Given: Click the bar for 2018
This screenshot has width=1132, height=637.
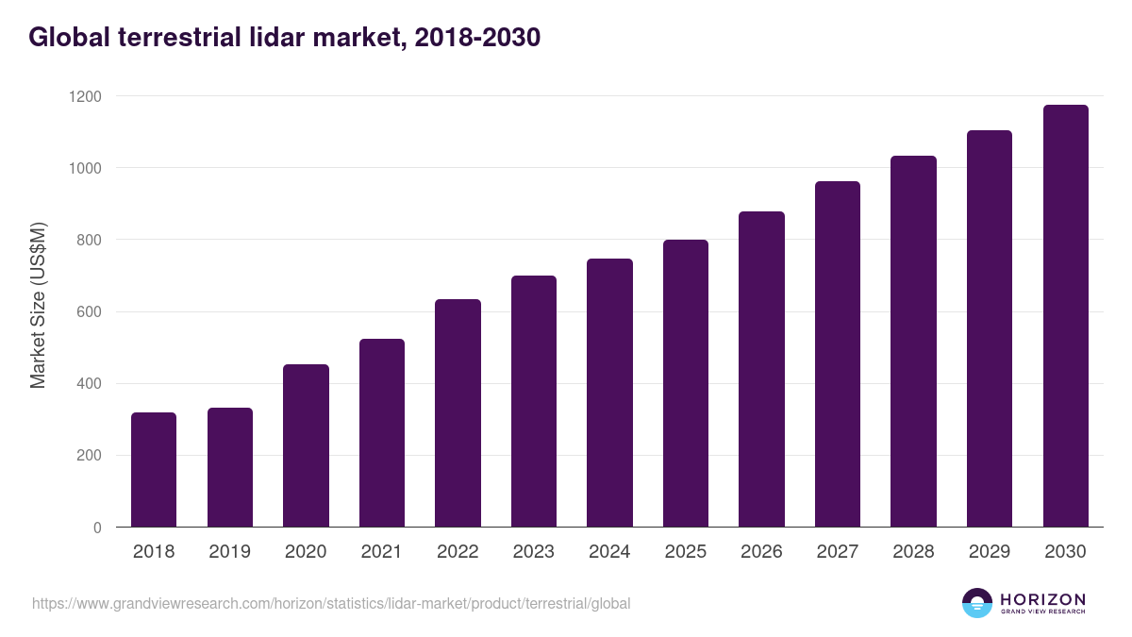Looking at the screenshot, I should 154,469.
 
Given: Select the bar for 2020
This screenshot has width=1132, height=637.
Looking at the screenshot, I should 306,445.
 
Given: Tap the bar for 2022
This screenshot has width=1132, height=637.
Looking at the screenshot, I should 458,412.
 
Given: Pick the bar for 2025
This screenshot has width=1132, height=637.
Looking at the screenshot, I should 686,383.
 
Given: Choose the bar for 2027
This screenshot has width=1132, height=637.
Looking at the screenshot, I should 838,354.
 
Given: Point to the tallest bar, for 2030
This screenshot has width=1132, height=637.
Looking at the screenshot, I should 1065,316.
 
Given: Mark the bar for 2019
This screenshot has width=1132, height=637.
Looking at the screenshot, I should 230,467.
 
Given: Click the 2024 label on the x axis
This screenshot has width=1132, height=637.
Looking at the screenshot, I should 609,552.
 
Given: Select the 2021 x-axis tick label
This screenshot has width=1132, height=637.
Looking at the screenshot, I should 382,552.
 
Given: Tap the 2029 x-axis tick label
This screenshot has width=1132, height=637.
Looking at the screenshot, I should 990,552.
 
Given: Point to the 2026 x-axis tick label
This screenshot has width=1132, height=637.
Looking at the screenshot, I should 761,552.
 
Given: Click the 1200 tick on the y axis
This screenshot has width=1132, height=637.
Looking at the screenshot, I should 85,96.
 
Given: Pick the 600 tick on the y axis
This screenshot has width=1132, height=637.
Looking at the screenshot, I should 90,312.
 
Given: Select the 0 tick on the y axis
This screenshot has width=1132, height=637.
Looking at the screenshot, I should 98,528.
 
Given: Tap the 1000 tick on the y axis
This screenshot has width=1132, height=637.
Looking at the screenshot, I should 85,168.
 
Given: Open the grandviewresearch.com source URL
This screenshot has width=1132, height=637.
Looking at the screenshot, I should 331,603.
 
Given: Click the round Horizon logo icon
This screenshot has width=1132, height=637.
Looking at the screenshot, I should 976,603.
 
